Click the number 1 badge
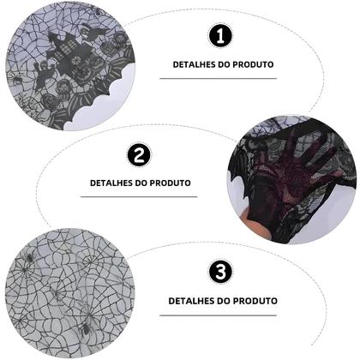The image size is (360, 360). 220,36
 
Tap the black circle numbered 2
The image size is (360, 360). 139,155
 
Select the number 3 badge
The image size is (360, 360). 220,272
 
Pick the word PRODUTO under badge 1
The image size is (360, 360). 253,64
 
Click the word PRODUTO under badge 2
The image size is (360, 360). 171,183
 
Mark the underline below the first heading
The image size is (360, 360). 219,78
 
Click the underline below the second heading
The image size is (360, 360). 139,196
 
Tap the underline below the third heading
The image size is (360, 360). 219,315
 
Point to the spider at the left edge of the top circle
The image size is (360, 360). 15,79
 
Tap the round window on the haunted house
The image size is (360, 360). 76,61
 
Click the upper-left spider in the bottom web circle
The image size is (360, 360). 29,256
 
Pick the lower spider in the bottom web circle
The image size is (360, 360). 85,329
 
